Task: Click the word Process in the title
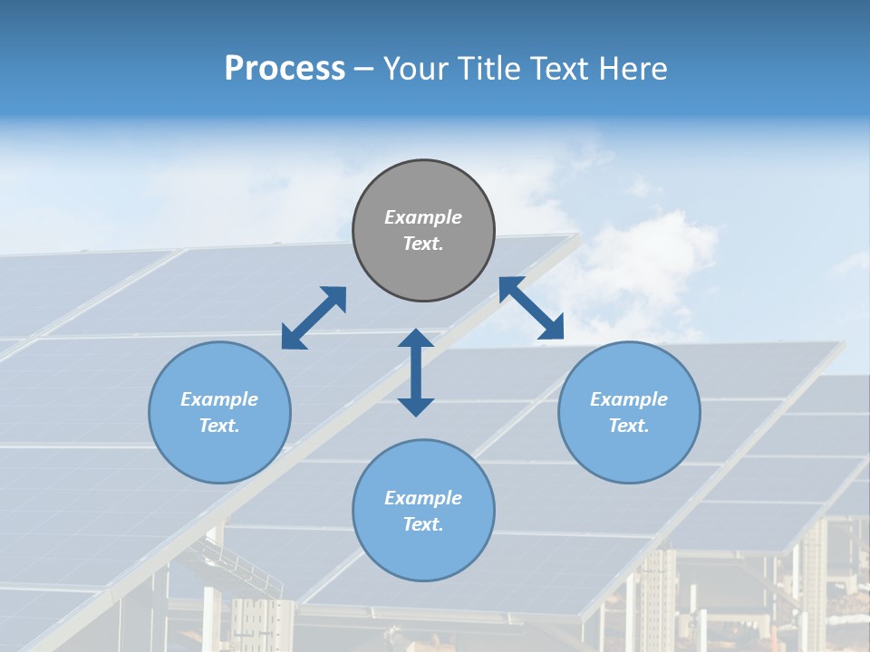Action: pyautogui.click(x=285, y=68)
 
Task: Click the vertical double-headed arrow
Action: pyautogui.click(x=416, y=372)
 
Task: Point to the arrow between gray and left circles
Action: pyautogui.click(x=314, y=318)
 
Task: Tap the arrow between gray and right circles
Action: pyautogui.click(x=532, y=308)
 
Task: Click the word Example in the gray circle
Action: pyautogui.click(x=423, y=217)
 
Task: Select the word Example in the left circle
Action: pyautogui.click(x=219, y=399)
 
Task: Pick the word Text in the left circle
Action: pyautogui.click(x=219, y=426)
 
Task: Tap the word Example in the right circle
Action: pyautogui.click(x=629, y=399)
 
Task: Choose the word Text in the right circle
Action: pyautogui.click(x=629, y=426)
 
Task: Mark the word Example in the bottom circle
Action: pyautogui.click(x=423, y=498)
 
